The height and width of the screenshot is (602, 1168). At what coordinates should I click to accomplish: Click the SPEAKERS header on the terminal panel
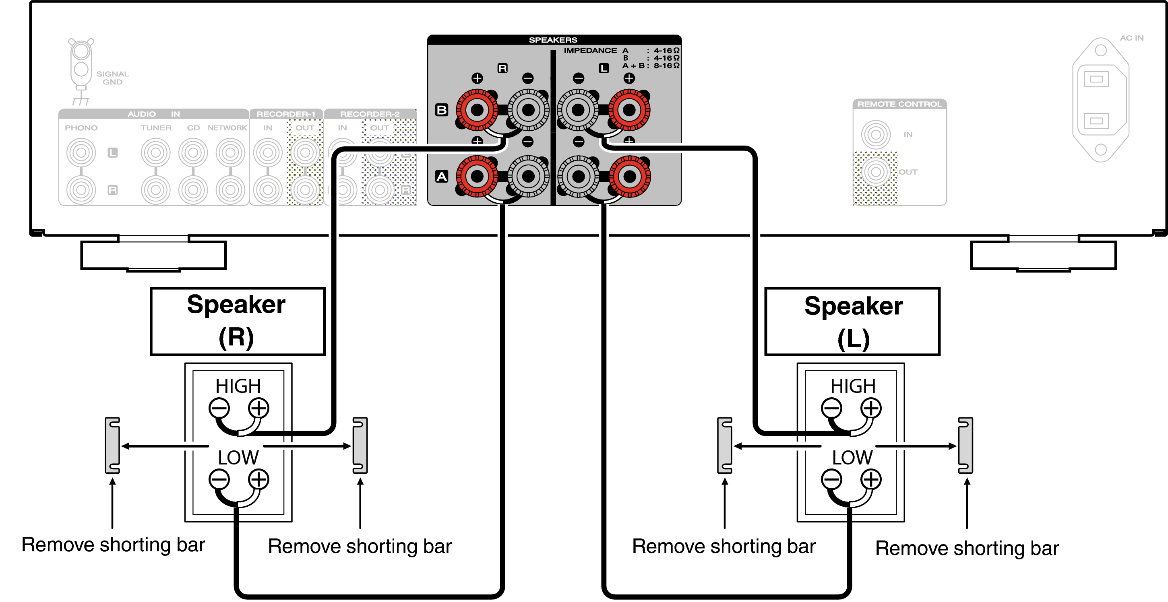[553, 40]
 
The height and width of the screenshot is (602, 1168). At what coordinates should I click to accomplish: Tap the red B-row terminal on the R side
[477, 110]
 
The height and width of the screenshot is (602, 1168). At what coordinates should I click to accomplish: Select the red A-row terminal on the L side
[629, 176]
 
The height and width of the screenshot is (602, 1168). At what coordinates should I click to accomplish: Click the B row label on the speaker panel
[442, 110]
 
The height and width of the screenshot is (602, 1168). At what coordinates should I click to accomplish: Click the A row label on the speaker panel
[442, 176]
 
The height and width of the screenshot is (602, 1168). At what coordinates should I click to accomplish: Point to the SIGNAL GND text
[112, 78]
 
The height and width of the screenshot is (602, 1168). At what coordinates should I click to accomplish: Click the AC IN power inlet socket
[1100, 100]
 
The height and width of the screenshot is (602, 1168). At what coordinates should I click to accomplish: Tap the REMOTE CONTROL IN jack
[876, 135]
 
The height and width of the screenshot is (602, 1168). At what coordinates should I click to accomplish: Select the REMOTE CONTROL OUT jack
[876, 172]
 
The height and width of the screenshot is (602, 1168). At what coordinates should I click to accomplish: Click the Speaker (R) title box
[238, 322]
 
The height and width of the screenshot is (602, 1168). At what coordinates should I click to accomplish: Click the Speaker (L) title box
[852, 322]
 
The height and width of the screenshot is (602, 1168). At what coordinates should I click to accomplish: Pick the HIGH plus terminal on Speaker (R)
[258, 408]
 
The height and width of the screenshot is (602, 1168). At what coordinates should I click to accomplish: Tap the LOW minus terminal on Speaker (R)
[219, 479]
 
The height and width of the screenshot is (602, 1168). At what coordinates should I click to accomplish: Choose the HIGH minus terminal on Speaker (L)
[831, 408]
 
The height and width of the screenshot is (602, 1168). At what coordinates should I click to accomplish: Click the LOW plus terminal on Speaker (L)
[871, 479]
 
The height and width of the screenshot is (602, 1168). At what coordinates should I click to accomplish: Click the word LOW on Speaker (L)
[852, 458]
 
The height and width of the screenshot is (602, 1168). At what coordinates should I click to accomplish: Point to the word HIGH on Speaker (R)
[238, 386]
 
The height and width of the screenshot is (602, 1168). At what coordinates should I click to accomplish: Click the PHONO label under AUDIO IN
[81, 128]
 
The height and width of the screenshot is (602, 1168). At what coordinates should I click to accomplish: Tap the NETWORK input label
[227, 128]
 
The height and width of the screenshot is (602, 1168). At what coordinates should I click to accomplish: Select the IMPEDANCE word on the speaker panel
[590, 50]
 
